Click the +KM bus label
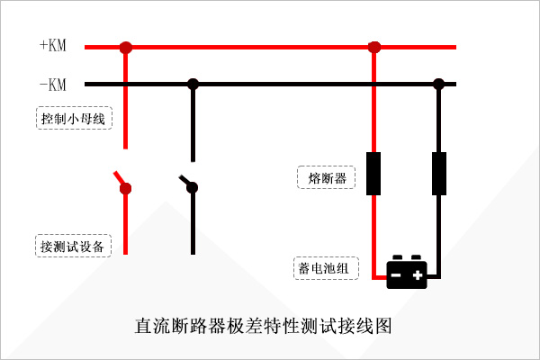coord(53,45)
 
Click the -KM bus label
coord(53,85)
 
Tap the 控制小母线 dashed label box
coord(74,118)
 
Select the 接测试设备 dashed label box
coord(73,246)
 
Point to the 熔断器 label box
coord(326,177)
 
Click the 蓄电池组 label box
coord(326,268)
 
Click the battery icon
coord(407,272)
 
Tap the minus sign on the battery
coord(396,274)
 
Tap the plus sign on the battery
coord(418,274)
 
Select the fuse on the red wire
coord(373,174)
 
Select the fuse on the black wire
coord(439,174)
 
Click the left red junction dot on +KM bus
coord(126,47)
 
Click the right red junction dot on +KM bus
coord(374,47)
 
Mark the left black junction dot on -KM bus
coord(193,84)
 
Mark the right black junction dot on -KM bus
coord(439,84)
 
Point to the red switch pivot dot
coord(125,189)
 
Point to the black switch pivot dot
coord(193,188)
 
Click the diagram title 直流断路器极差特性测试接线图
coord(263,326)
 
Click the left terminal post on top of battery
coord(398,257)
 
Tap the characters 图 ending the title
coord(383,326)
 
